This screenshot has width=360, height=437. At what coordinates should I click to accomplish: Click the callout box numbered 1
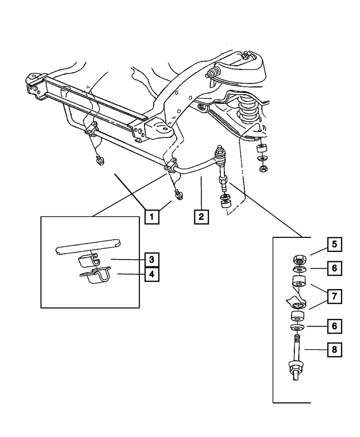point(152,217)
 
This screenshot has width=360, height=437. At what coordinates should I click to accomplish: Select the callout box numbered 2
point(201,217)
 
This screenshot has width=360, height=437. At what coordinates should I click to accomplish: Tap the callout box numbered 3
point(152,260)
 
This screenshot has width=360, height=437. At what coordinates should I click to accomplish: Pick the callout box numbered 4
point(152,274)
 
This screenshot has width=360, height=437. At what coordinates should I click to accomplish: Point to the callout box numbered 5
point(334,244)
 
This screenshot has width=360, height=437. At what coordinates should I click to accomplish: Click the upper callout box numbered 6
point(334,268)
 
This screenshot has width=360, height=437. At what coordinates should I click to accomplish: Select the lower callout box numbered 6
point(334,326)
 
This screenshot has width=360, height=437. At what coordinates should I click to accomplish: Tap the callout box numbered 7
point(334,296)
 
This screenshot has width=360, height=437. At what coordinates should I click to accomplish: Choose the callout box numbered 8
point(334,350)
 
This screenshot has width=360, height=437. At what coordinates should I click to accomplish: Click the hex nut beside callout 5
point(300,260)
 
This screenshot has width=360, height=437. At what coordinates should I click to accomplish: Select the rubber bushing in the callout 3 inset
point(89,261)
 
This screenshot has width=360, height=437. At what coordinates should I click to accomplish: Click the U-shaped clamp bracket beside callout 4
point(96,275)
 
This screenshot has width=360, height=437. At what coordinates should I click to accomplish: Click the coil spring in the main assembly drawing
point(248,109)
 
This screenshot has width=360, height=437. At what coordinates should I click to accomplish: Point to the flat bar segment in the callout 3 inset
point(88,247)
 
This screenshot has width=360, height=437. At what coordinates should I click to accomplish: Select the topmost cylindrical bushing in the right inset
point(299,281)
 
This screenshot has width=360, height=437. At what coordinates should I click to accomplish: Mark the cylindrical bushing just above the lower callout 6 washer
point(298,316)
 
